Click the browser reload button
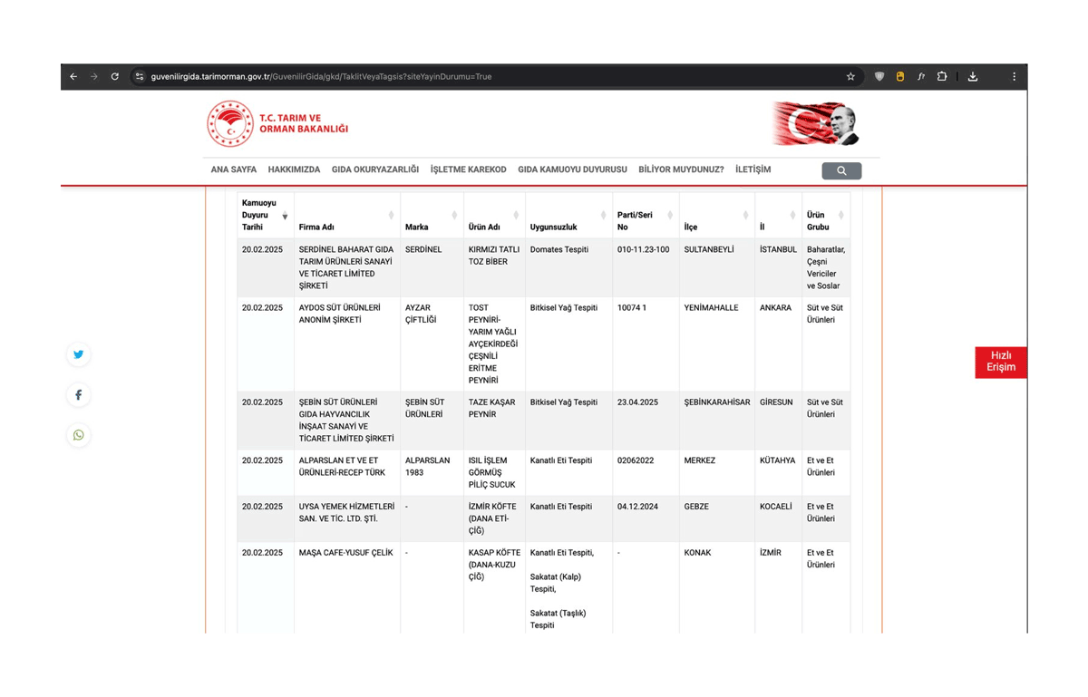click(x=115, y=77)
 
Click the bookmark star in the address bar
click(x=850, y=77)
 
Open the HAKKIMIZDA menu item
click(x=294, y=169)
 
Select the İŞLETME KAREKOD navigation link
click(x=468, y=169)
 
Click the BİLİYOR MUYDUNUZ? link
click(x=681, y=169)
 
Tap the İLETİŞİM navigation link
click(x=753, y=169)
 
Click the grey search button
click(x=841, y=170)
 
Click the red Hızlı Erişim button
click(x=1001, y=362)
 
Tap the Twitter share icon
click(x=79, y=354)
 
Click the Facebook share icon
click(x=79, y=395)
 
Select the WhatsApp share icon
click(x=79, y=435)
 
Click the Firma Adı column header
click(x=316, y=227)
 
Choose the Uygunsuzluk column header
click(x=553, y=227)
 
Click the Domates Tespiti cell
click(x=559, y=250)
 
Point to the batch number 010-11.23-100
click(x=643, y=250)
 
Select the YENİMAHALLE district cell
click(x=713, y=308)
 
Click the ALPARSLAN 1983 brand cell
click(x=427, y=467)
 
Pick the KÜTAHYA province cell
click(x=777, y=460)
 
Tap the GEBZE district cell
click(x=696, y=507)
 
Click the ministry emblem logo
click(x=229, y=123)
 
